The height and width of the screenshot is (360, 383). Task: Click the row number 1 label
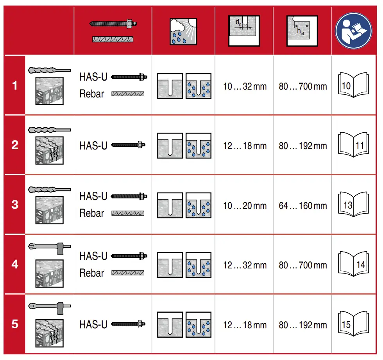pos(14,85)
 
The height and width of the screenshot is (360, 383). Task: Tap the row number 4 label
pos(14,265)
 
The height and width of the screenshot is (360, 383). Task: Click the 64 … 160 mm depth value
pos(302,206)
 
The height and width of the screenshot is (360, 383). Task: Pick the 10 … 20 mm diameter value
pos(245,206)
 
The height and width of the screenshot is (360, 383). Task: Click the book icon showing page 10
pos(353,85)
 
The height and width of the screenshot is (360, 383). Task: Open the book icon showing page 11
pos(353,145)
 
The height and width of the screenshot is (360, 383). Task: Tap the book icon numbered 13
pos(353,205)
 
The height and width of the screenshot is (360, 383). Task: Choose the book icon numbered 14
pos(353,265)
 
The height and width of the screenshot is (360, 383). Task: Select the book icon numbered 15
pos(353,324)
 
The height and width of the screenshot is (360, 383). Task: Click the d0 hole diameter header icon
pos(244,30)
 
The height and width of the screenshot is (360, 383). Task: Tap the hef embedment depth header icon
pos(302,30)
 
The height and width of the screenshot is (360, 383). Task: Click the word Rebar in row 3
pos(92,213)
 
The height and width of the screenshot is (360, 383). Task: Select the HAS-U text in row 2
pos(93,146)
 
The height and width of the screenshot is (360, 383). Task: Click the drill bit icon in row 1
pos(50,70)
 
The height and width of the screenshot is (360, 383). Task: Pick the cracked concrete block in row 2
pos(50,150)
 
